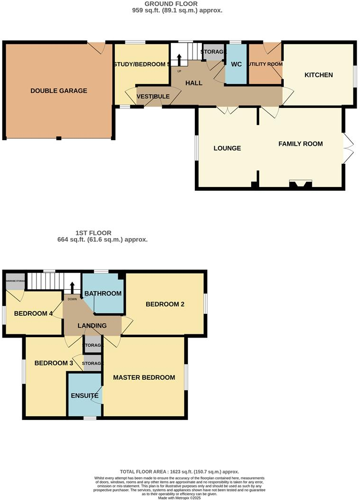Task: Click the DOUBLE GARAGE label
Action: [59, 90]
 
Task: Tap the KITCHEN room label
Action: [318, 75]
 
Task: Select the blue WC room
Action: [236, 64]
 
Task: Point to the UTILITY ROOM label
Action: [265, 64]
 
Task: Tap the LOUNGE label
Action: [227, 148]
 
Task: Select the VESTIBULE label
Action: [153, 97]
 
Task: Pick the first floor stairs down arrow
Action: [72, 288]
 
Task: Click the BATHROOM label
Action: [103, 294]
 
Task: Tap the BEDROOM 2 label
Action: [165, 304]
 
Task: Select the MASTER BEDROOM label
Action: [144, 377]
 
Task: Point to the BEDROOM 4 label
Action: [34, 313]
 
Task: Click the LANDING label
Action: [93, 326]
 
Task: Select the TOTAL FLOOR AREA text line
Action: [179, 472]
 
